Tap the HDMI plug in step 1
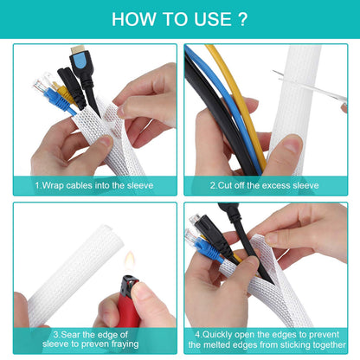[x=80, y=64]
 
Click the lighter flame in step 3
[x=128, y=259]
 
